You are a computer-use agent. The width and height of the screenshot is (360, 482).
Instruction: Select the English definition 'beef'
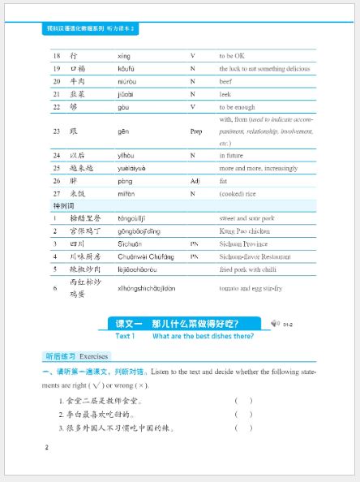[227, 81]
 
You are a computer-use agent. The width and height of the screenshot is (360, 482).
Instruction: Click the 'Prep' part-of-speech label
[195, 131]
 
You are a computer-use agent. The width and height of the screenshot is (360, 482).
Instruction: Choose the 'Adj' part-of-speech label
[194, 181]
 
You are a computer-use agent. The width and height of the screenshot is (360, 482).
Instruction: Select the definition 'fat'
[224, 181]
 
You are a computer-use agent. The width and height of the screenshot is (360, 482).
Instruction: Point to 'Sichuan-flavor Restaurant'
[255, 256]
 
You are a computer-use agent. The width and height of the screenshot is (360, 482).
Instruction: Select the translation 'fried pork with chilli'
[251, 269]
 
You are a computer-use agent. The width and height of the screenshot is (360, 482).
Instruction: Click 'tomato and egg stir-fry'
[252, 288]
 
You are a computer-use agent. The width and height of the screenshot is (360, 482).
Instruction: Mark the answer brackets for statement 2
[243, 414]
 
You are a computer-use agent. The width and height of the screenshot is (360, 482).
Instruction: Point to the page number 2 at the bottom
[47, 447]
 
